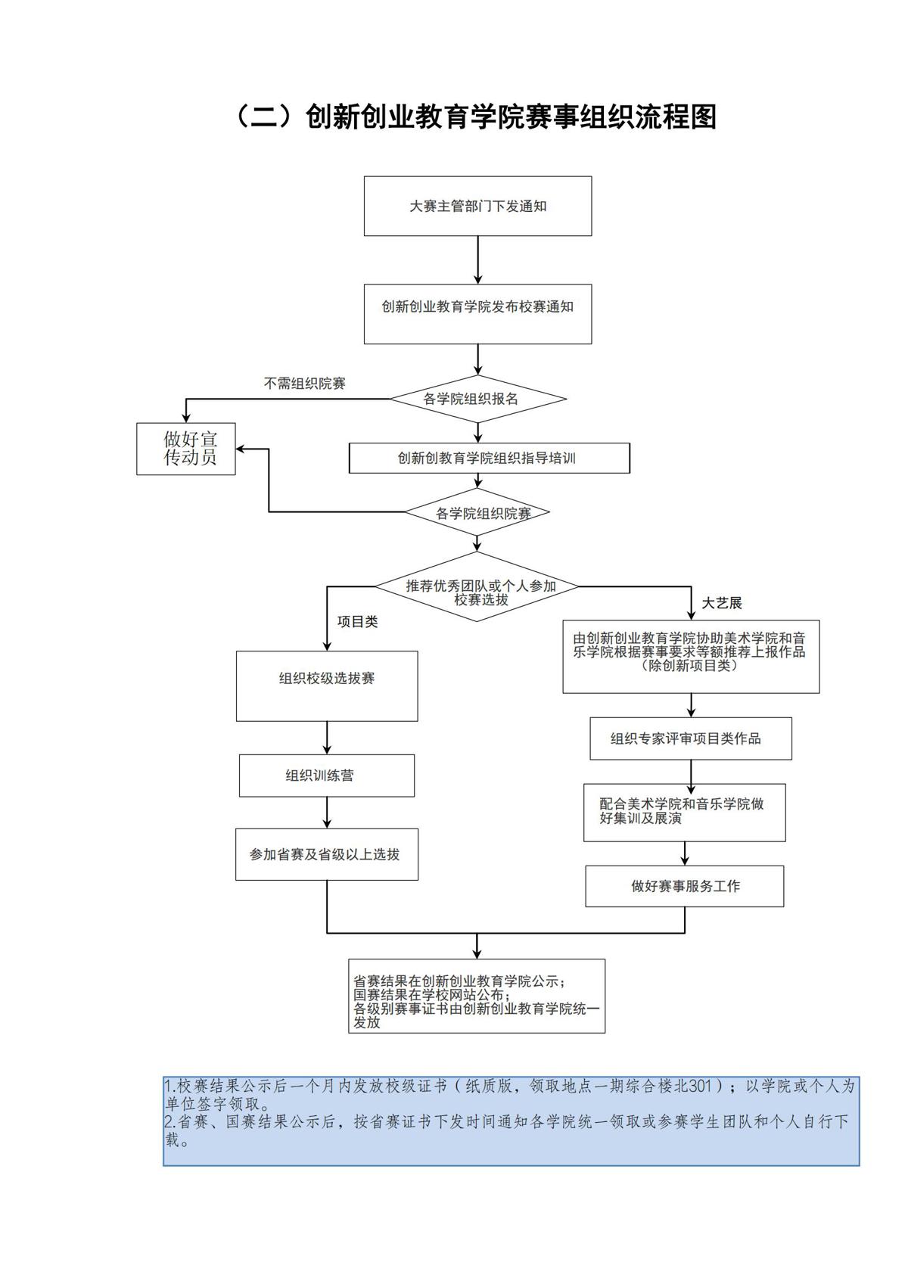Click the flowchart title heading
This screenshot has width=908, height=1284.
point(477,117)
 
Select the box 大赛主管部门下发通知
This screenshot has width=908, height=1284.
point(477,206)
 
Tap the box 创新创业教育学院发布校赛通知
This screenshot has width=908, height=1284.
point(477,313)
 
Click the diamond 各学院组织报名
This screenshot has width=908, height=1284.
point(477,399)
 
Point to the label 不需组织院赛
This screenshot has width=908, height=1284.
point(304,384)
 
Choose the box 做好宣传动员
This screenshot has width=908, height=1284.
point(186,449)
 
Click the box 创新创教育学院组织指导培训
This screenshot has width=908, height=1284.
point(489,458)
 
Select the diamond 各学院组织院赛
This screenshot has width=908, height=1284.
point(477,513)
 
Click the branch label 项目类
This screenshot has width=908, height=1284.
point(357,622)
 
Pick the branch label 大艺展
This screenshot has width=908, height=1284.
point(721,603)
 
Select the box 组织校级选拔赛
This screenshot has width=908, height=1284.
point(327,686)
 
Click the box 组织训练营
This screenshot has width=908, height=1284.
point(327,776)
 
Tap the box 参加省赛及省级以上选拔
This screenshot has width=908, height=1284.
point(327,854)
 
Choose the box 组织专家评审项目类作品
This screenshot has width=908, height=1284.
point(690,738)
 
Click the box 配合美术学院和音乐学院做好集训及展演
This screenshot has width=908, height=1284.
point(684,812)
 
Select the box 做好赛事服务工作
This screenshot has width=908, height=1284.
point(684,886)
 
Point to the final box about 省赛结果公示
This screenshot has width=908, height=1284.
point(477,996)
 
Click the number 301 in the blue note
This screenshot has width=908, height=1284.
point(701,1086)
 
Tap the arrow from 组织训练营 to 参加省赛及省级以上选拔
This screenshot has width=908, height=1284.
point(327,813)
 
